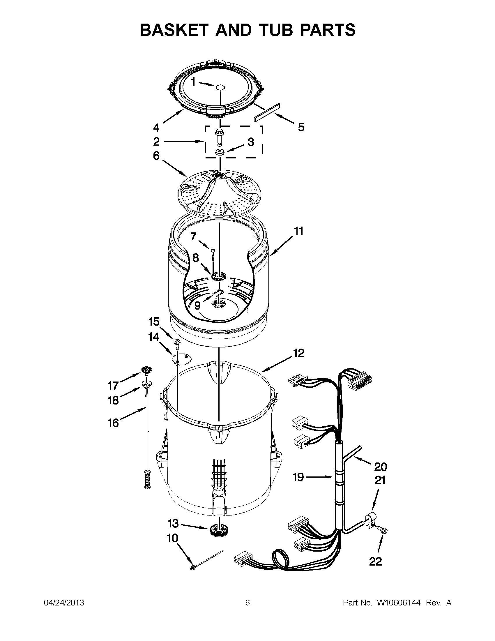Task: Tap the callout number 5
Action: [x=301, y=127]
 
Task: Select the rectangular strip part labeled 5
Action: [x=267, y=112]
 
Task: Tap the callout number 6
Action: [x=156, y=156]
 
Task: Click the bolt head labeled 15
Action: [x=177, y=342]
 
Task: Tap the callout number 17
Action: [x=113, y=385]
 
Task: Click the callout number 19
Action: [x=298, y=477]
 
